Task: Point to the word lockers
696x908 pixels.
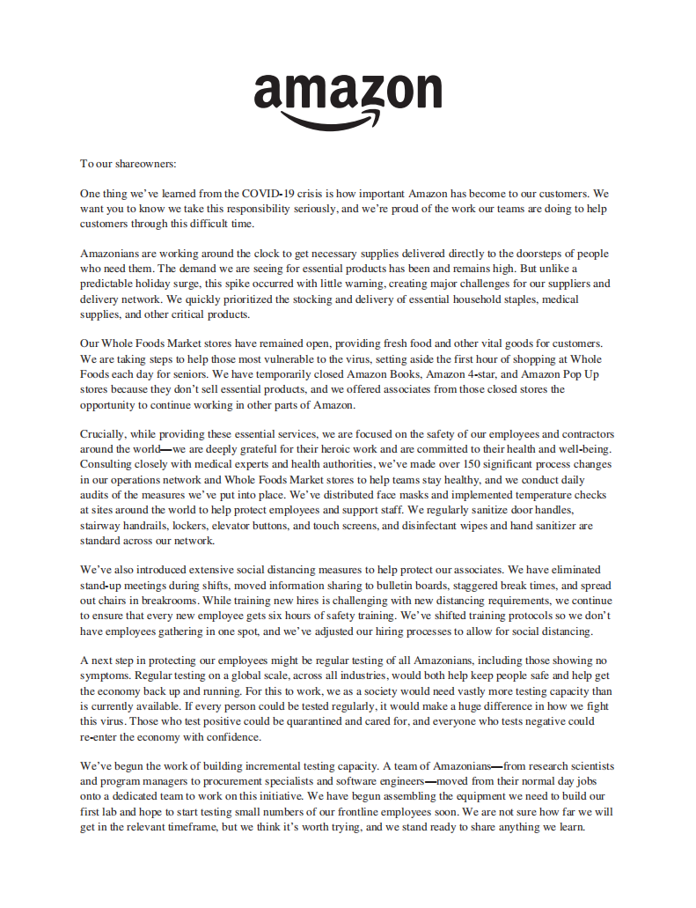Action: (x=194, y=526)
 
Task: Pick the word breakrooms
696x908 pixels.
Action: (x=141, y=601)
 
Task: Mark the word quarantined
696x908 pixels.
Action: (x=311, y=721)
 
